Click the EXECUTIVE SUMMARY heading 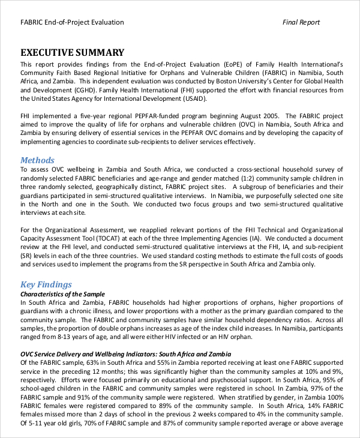tap(73, 52)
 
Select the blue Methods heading tap(37, 160)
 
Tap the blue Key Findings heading tap(46, 284)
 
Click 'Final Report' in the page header tap(301, 22)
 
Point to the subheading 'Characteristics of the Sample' tap(62, 294)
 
